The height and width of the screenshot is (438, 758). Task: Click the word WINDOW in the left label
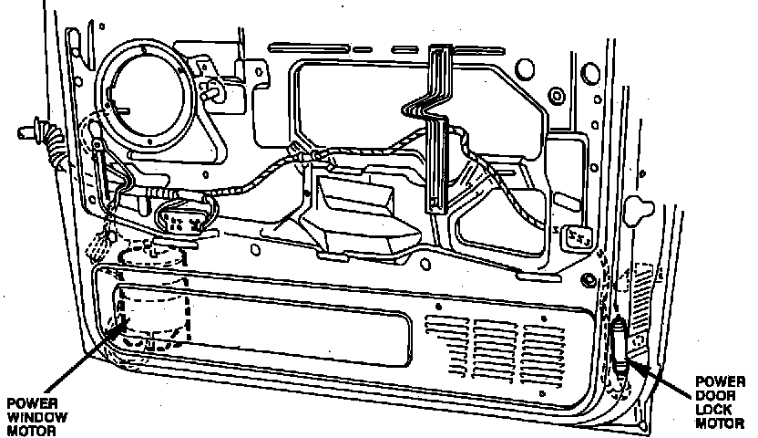point(29,416)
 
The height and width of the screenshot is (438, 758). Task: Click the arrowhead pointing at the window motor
point(117,327)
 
